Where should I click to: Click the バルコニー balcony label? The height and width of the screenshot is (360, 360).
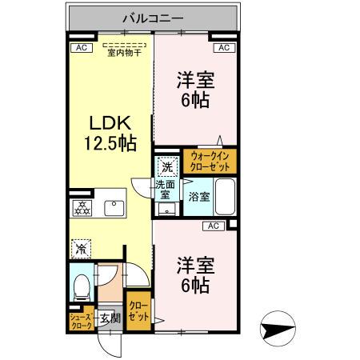click(153, 16)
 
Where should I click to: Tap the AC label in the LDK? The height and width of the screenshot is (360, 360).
click(80, 48)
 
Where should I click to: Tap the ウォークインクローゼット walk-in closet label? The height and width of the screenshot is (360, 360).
click(209, 162)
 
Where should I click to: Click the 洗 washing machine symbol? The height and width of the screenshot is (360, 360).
click(166, 168)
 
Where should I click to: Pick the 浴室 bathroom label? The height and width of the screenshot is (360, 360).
click(199, 197)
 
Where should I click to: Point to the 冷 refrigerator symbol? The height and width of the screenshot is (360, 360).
click(81, 248)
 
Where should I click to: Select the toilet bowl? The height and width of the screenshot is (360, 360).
click(81, 286)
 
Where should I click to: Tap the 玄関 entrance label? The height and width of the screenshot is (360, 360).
click(110, 319)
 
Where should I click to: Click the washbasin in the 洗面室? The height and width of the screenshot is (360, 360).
click(166, 210)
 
